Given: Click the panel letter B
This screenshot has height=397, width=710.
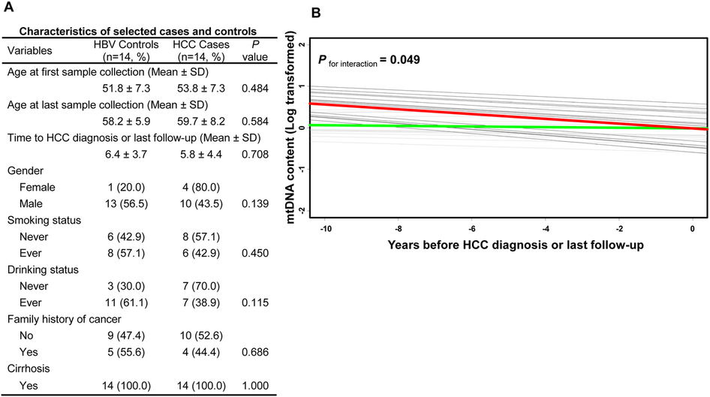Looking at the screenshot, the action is (316, 13).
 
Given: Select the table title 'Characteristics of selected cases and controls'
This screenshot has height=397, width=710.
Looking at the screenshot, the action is (137, 32).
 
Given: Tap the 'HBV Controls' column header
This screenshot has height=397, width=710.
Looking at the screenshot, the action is (126, 44).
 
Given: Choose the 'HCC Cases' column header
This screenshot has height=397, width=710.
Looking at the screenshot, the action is (201, 44).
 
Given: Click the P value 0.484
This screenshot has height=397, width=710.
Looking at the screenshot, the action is (255, 89).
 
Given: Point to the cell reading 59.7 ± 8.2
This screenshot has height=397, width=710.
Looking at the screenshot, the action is (201, 122).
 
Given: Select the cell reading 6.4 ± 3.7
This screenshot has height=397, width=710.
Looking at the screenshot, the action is (126, 155).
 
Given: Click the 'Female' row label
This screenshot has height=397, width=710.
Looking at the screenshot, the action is (37, 188).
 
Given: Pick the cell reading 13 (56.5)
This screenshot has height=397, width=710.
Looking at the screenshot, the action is (126, 203).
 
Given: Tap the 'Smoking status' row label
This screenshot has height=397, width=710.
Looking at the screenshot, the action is (44, 221).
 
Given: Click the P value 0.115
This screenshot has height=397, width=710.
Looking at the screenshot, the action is (255, 302).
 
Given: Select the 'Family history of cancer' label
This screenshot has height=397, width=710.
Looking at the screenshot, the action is (65, 319).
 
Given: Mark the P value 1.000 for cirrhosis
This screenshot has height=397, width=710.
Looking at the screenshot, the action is (255, 386).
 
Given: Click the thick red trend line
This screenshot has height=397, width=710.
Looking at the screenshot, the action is (509, 116).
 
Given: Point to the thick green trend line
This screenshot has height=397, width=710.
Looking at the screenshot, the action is (509, 126).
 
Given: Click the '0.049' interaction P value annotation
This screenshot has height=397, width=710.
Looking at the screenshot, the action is (405, 60).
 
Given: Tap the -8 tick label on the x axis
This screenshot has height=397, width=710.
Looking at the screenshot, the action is (399, 229).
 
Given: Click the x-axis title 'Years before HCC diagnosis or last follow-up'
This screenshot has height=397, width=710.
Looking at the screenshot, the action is (516, 245).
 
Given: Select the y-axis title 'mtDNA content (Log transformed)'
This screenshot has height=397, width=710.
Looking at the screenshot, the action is (290, 128).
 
